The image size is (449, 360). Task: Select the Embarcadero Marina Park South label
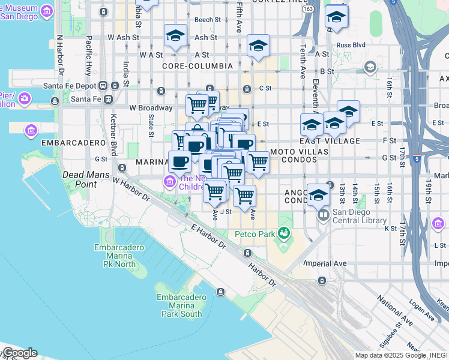pos(179,305)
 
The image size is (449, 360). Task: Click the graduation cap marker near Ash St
pos(175,36)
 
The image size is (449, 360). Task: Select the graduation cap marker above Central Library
pos(319,195)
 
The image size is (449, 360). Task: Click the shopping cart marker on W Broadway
pos(197,105)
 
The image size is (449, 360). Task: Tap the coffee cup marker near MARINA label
pos(179,160)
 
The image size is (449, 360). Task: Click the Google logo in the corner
pos(19,353)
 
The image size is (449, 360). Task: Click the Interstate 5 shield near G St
pos(417,159)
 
